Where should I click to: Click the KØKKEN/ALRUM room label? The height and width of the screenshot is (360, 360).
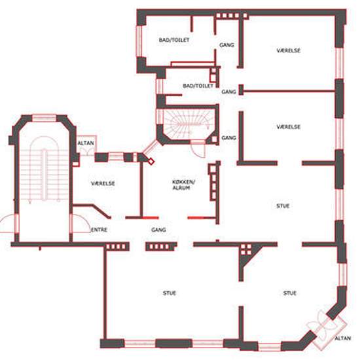pos(183,185)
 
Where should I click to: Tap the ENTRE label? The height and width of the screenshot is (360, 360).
pos(99,230)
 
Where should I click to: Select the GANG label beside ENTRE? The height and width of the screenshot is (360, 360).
pos(158,230)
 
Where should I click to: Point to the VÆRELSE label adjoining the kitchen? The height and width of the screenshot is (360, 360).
pos(103,183)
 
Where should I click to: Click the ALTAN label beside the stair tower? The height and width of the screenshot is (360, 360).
pos(86,143)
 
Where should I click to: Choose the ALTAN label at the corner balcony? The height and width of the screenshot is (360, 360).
pos(343,338)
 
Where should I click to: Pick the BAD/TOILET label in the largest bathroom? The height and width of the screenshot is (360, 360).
pos(174,40)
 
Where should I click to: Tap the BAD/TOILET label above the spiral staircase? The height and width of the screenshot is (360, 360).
pos(198,86)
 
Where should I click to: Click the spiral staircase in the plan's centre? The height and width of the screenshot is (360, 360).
pos(189,124)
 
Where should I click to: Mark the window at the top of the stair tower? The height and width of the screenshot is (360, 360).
pos(44,118)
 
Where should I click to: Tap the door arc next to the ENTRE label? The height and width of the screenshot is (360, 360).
pos(81,223)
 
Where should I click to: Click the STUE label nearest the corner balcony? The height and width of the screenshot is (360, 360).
pos(289,293)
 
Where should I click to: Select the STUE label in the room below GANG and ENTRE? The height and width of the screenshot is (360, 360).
pos(170,293)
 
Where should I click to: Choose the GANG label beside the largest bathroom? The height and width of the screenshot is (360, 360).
pos(226,45)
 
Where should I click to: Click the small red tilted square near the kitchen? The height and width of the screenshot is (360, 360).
pos(151,162)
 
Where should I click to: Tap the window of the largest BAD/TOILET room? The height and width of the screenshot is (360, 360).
pos(139,41)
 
